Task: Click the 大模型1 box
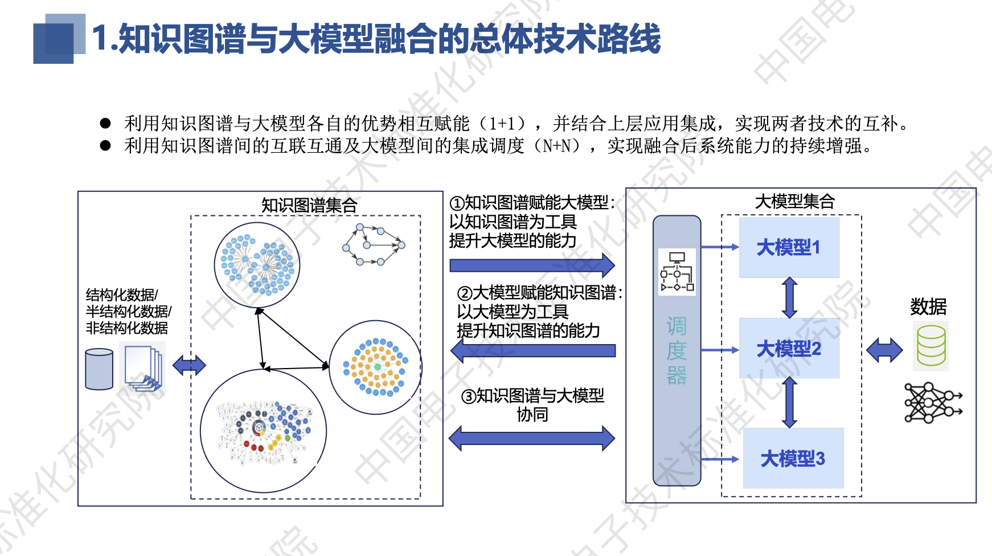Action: tap(789, 248)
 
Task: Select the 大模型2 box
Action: tap(789, 349)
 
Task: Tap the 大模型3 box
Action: tap(793, 459)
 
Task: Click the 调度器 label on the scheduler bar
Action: tap(677, 351)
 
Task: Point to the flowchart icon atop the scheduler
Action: tap(677, 272)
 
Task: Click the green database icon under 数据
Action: tap(931, 346)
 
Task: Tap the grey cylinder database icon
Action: tap(99, 369)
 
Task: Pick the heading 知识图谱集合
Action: tap(309, 205)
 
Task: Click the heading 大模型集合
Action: tap(794, 201)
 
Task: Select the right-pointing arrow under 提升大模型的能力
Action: tap(532, 265)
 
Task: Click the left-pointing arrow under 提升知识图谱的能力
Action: tap(533, 350)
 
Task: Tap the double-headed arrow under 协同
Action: tap(532, 438)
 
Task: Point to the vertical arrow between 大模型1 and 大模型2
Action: tap(789, 297)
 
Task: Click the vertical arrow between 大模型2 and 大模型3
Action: tap(789, 403)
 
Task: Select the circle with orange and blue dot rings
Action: tap(375, 367)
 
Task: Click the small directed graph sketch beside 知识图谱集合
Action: tap(374, 245)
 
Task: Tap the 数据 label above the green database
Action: tap(928, 307)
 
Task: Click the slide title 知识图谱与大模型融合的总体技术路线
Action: tap(376, 39)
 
